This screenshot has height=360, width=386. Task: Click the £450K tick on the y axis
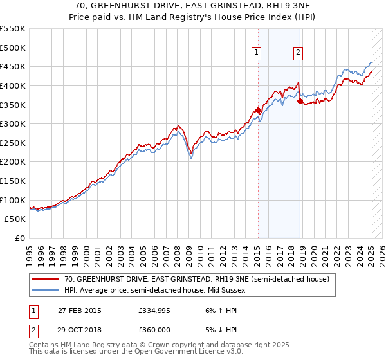(x=14, y=66)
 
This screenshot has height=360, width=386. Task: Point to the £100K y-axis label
(x=14, y=200)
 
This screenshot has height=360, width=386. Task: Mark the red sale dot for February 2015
(x=258, y=110)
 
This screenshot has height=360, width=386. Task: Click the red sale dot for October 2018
(x=300, y=100)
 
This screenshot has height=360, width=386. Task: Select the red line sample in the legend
(x=46, y=279)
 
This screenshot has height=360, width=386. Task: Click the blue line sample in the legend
(x=46, y=290)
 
